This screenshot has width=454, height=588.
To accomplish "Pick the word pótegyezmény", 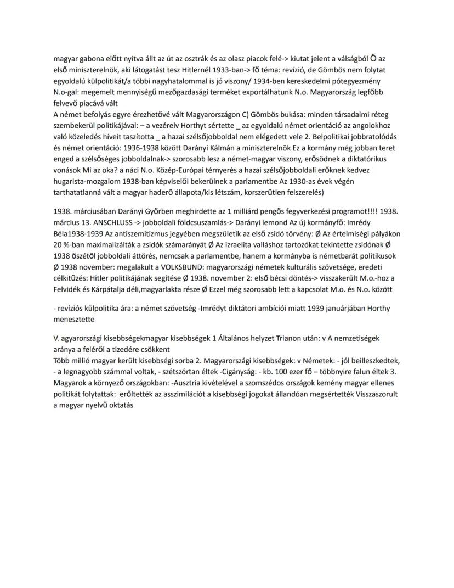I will pos(371,81).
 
